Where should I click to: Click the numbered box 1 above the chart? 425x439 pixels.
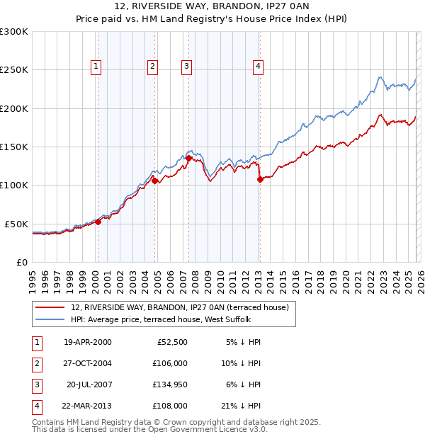96,67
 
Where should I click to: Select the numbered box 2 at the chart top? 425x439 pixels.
152,67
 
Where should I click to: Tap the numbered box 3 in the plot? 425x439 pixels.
186,67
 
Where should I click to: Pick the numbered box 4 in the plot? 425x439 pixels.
258,67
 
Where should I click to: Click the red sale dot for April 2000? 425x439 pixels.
98,222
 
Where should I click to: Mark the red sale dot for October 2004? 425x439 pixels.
155,181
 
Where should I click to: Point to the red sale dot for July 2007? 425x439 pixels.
189,159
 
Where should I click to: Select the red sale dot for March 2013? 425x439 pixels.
260,179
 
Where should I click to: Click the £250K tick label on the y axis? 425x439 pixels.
14,70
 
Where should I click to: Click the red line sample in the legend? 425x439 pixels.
51,308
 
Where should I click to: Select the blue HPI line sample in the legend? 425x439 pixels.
51,320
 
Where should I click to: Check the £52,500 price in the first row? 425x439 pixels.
170,342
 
